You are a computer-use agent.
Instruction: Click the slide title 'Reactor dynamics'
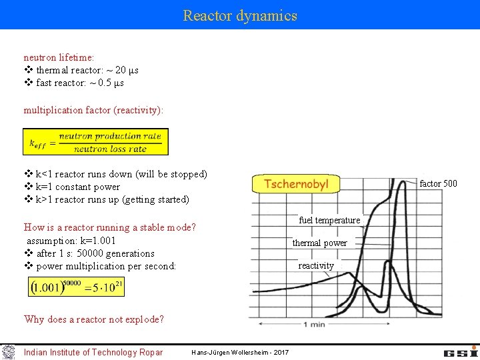click(240, 15)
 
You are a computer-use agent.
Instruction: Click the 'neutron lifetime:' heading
click(59, 58)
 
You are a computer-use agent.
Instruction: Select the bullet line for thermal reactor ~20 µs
click(87, 71)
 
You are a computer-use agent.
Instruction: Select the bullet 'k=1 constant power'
click(77, 187)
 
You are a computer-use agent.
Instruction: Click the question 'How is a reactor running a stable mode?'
click(109, 227)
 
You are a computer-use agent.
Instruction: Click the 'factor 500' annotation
click(438, 183)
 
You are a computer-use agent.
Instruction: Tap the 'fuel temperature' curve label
click(329, 220)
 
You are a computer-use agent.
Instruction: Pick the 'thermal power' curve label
click(319, 243)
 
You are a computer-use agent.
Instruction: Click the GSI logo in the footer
click(461, 352)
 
